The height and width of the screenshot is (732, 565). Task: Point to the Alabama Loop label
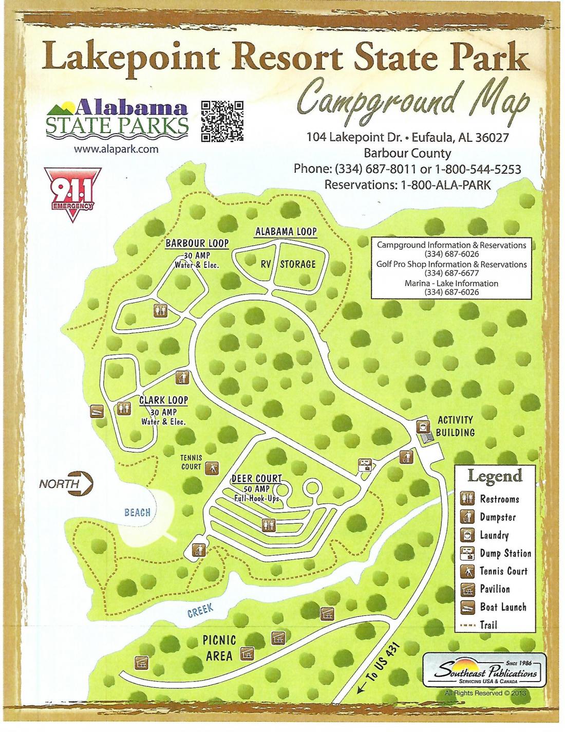tap(286, 232)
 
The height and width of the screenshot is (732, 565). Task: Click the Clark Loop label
tap(164, 400)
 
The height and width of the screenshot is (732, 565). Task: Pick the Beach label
tap(137, 512)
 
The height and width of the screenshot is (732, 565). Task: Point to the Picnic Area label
tap(220, 648)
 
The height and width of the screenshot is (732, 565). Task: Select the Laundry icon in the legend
tap(466, 535)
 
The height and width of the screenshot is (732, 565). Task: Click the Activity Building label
tap(456, 426)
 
